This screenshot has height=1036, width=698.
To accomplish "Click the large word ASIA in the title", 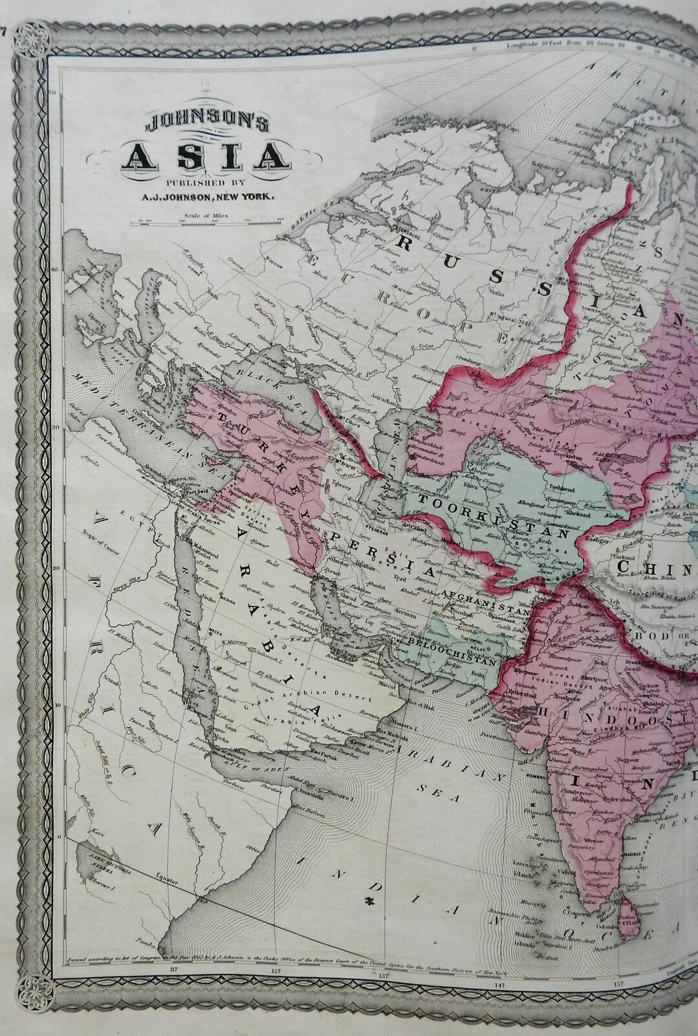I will coord(204,155).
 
